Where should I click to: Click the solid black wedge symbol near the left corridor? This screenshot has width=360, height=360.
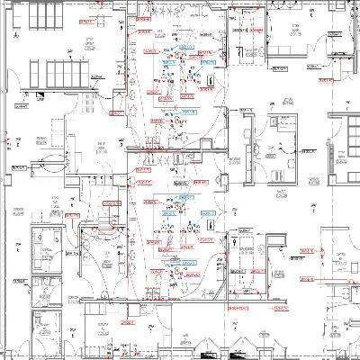[x=42, y=94]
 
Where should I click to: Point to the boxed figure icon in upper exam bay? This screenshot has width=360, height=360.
[x=209, y=81]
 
